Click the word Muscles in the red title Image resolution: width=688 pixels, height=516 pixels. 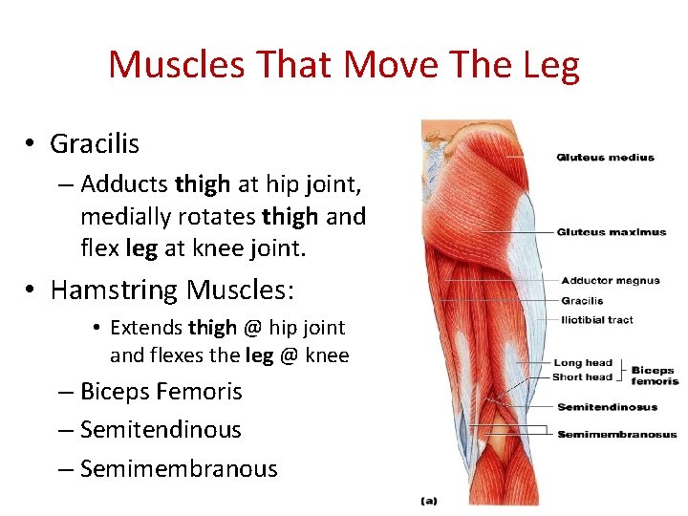170,65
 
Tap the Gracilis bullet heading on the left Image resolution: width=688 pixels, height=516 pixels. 95,144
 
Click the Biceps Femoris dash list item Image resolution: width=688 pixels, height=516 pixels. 161,392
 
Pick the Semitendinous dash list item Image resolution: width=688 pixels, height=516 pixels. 161,430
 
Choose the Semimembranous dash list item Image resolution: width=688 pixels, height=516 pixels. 179,469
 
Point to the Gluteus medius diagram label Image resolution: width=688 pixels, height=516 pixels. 605,158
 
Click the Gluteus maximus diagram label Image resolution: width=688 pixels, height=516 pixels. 611,232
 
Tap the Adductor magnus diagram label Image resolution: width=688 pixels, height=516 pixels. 610,281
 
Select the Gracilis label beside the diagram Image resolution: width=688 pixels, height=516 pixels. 582,301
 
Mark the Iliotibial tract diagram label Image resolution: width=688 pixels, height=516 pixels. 597,320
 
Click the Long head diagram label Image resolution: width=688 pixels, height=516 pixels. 582,363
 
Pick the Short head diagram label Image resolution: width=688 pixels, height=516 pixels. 582,376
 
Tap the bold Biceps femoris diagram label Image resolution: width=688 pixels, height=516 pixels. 655,376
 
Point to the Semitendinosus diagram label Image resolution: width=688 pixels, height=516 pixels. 607,407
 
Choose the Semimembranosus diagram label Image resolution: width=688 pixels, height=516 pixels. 616,435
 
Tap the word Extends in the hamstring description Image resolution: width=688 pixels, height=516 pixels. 146,328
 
